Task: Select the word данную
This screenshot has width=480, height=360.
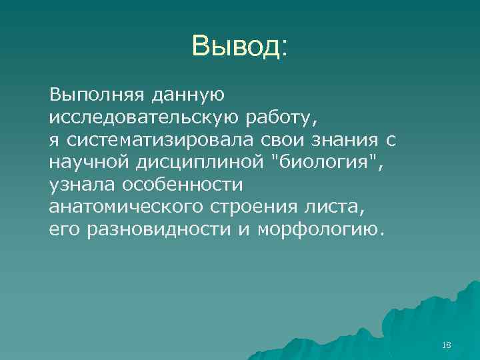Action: (185, 95)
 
